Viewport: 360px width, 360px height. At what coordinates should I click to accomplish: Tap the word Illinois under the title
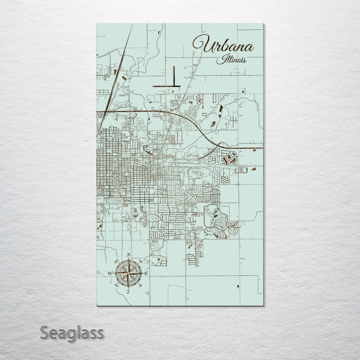point(231,60)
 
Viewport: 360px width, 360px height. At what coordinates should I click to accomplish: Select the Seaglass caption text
point(72,333)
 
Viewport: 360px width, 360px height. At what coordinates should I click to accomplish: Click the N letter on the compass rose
point(129,256)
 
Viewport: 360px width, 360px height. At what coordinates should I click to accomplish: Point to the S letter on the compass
point(128,292)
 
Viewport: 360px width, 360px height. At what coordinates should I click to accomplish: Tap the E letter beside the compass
point(146,273)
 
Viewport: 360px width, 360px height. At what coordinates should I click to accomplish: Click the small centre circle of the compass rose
point(128,273)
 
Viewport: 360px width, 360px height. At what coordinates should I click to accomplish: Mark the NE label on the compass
point(140,261)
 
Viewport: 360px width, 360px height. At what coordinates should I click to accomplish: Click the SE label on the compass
point(140,285)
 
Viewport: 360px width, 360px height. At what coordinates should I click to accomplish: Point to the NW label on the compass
point(116,262)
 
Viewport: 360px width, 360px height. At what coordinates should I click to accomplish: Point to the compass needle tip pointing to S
point(128,288)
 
